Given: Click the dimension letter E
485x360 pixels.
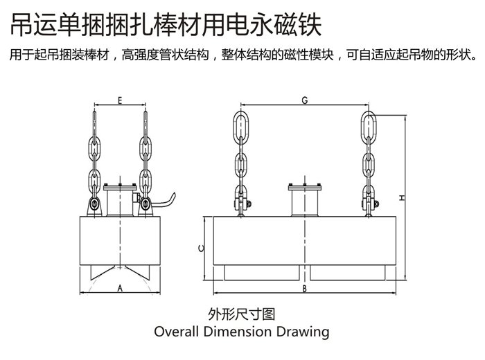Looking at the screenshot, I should [120, 100].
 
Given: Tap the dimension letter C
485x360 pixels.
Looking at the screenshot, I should [200, 248].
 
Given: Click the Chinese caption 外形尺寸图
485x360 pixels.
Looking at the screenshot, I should [242, 313].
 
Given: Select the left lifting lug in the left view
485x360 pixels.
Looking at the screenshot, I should [95, 206].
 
